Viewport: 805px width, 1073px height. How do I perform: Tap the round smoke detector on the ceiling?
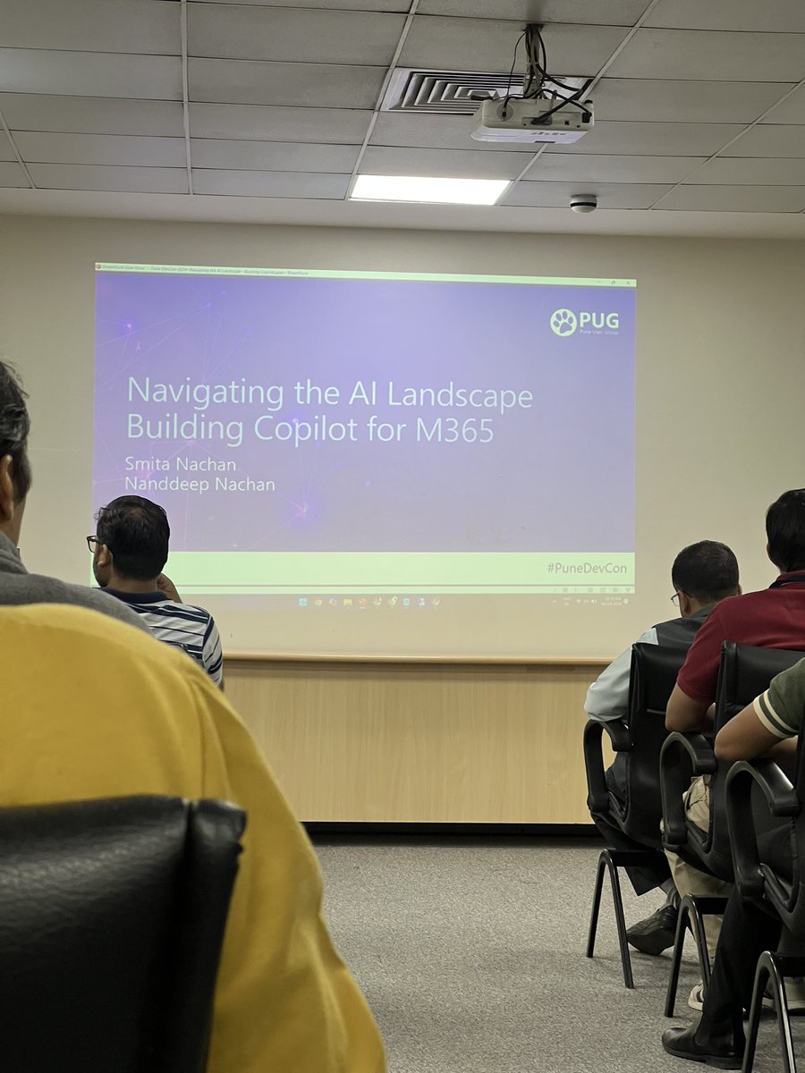583,203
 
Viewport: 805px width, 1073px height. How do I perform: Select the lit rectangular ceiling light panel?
429,189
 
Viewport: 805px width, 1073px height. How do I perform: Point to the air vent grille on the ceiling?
447,91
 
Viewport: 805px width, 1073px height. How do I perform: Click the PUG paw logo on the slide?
563,322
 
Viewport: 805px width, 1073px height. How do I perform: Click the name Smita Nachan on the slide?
180,464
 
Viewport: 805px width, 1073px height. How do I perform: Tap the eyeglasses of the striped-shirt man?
94,542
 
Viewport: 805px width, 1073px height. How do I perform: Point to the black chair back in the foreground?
116,930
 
